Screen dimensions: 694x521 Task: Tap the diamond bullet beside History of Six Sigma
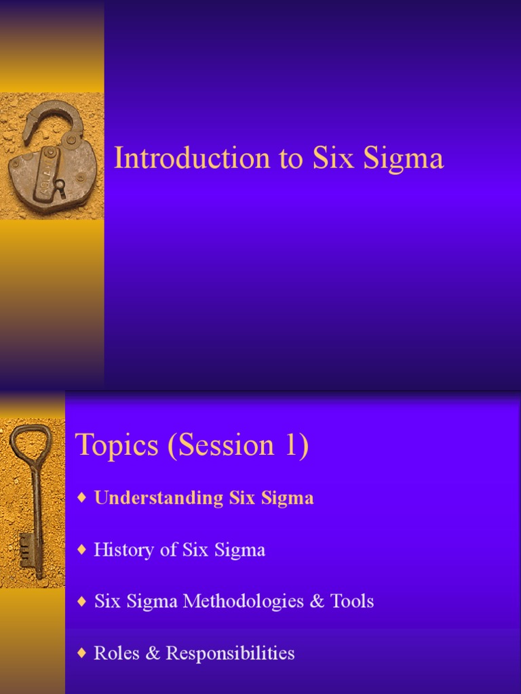[82, 550]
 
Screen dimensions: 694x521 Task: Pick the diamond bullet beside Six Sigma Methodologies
[82, 601]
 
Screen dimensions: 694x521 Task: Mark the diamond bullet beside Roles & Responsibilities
[82, 653]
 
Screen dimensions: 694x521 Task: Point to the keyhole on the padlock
[60, 184]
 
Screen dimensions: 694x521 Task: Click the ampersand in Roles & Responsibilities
[156, 653]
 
